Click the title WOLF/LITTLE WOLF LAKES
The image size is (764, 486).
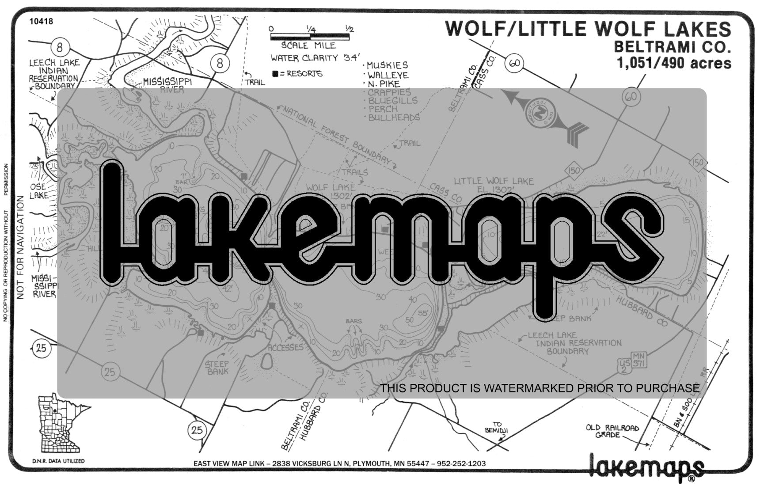coord(588,28)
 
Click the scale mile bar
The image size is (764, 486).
coord(310,37)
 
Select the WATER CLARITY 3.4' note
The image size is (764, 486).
coord(315,58)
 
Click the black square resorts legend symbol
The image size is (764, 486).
coord(275,74)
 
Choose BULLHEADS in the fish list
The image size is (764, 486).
coord(394,118)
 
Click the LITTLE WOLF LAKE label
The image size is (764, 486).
coord(494,181)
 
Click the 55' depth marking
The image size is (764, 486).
coord(423,312)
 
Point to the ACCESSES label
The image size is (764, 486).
coord(285,347)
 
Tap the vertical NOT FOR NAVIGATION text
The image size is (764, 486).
coord(20,247)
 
